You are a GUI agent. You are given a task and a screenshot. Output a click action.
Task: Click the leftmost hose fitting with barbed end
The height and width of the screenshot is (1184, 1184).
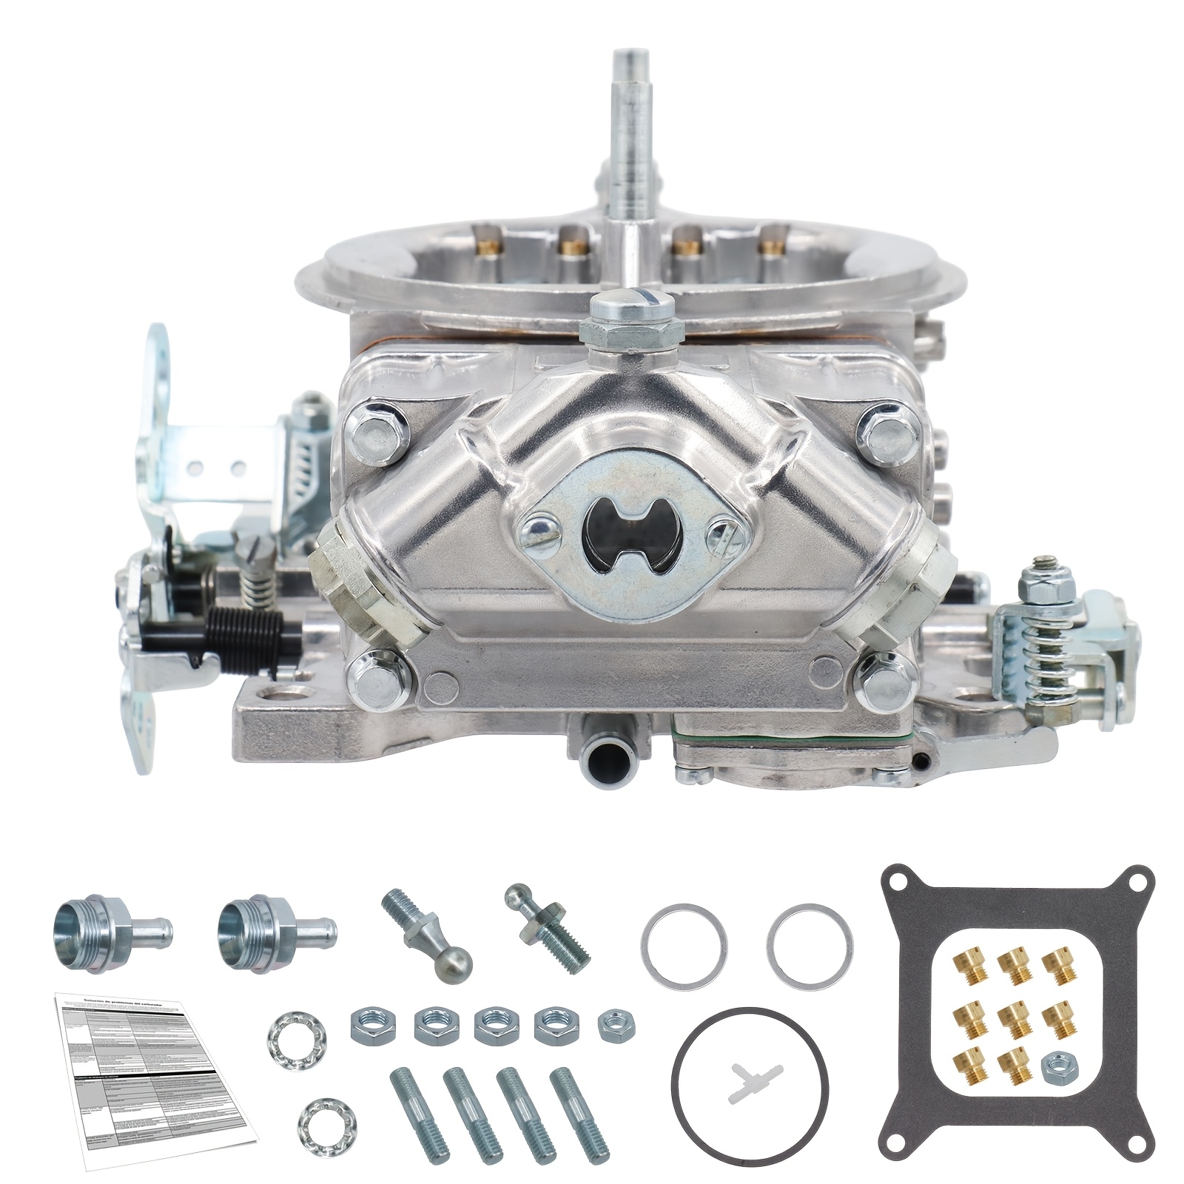pyautogui.click(x=112, y=929)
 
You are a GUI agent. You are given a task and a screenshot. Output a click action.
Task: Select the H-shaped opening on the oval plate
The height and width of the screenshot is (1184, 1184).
pyautogui.click(x=620, y=536)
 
